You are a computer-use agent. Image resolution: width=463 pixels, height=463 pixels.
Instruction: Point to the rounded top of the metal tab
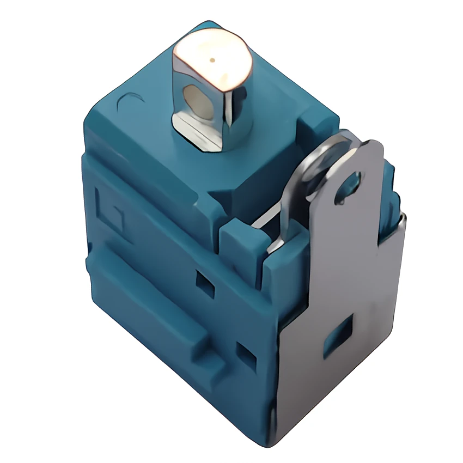point(365,150)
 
